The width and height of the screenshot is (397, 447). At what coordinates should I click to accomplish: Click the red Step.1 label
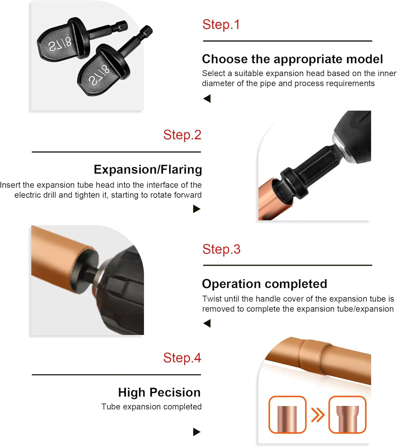[x=221, y=25]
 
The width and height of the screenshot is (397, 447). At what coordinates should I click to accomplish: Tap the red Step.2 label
[x=182, y=135]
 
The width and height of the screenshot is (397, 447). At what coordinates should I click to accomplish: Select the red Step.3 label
[x=221, y=249]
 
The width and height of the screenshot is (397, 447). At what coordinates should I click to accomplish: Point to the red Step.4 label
[x=182, y=358]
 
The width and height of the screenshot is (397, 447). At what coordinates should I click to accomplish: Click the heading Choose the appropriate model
[x=292, y=59]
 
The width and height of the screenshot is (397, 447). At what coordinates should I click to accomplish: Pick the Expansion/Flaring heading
[x=148, y=170]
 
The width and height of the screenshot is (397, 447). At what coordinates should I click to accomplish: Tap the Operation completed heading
[x=264, y=284]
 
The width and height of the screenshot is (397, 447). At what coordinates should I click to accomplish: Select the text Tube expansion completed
[x=151, y=407]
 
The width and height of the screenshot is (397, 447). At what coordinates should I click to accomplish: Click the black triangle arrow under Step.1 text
[x=207, y=98]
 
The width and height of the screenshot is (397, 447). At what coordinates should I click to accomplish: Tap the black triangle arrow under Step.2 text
[x=196, y=209]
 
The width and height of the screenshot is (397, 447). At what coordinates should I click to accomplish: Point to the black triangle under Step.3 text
[x=207, y=323]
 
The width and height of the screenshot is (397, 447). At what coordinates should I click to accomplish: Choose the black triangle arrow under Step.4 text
[x=196, y=432]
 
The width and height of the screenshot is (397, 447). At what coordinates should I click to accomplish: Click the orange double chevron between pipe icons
[x=318, y=415]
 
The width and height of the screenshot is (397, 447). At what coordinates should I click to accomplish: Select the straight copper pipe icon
[x=287, y=415]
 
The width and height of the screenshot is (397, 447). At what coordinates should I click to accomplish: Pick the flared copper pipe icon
[x=347, y=415]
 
